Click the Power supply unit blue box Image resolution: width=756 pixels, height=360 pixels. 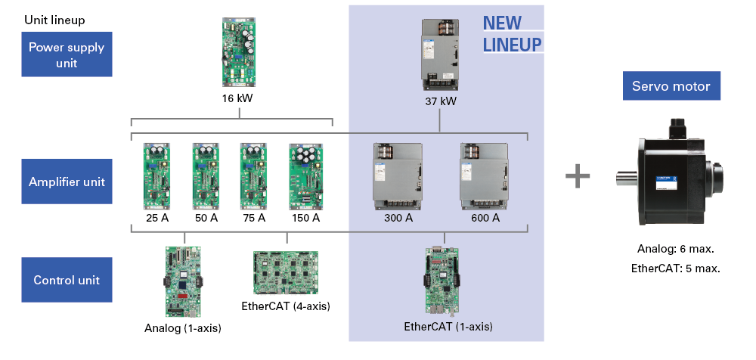[x=67, y=55]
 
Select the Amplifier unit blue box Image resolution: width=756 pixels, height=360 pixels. [x=67, y=182]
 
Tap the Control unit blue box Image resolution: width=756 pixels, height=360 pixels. [x=67, y=280]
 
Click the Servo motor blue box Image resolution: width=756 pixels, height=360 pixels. [x=671, y=86]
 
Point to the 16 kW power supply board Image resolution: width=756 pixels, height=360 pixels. [x=240, y=52]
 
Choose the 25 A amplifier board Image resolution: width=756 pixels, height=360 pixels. [x=156, y=175]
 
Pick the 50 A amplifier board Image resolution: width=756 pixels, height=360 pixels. [x=205, y=175]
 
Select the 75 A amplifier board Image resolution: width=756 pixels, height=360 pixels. [x=253, y=175]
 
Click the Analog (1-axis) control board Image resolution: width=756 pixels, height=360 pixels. [x=182, y=280]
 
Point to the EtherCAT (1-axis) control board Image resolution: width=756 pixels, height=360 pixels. [x=444, y=280]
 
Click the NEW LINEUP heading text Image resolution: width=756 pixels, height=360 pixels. [x=512, y=35]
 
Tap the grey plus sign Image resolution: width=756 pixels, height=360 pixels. [x=578, y=177]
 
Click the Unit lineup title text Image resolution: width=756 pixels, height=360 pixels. [x=54, y=20]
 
